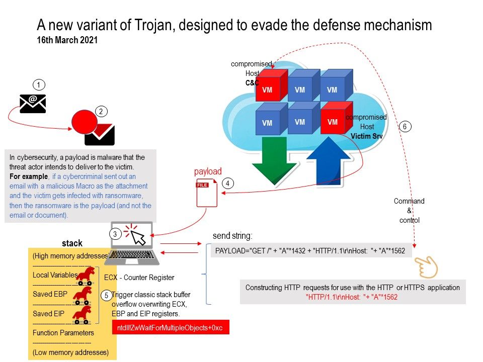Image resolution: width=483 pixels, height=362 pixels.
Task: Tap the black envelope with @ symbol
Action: pos(33,103)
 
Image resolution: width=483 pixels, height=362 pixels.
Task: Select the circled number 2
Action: pos(101,112)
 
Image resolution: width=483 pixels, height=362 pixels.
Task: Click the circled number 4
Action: pos(228,184)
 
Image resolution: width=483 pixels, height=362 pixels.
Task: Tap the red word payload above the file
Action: pos(208,171)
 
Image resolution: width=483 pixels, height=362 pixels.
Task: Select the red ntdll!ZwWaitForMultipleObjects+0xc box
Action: pos(171,328)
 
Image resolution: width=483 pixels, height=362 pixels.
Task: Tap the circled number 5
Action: pos(106,296)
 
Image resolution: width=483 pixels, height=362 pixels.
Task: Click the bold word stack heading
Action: pos(72,243)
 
